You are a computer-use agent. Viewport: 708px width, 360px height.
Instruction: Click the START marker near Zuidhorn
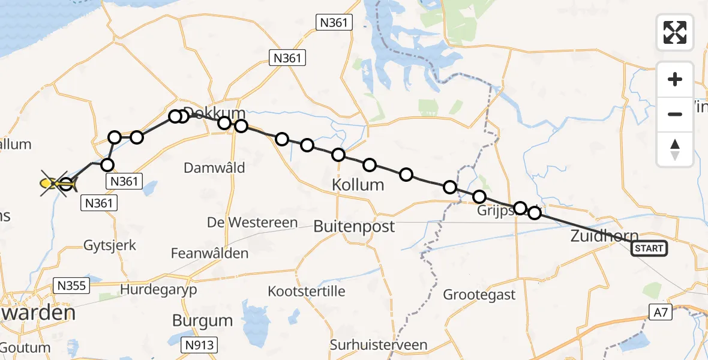[x=649, y=248]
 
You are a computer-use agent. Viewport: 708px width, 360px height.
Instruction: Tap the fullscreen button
[x=675, y=32]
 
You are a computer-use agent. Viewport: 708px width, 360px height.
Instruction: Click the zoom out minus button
[x=675, y=114]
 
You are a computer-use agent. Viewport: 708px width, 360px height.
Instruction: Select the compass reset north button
[x=675, y=149]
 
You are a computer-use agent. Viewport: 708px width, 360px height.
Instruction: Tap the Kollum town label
[x=358, y=185]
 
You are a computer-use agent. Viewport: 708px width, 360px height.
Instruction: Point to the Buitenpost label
[x=354, y=226]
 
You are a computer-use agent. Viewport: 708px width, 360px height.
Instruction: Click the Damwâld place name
[x=214, y=168]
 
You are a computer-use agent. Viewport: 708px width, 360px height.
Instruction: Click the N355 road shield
[x=71, y=286]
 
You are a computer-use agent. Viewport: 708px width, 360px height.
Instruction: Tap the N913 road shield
[x=200, y=344]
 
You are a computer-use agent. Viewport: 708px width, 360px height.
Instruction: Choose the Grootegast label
[x=479, y=295]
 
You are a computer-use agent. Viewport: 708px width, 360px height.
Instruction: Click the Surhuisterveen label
[x=379, y=344]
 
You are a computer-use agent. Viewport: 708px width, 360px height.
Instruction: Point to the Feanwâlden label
[x=209, y=254]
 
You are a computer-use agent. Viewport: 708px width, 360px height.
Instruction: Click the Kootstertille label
[x=307, y=291]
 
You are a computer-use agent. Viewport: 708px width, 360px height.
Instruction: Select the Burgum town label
[x=202, y=320]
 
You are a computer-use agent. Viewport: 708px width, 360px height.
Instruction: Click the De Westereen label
[x=252, y=223]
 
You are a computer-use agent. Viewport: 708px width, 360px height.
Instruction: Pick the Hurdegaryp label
[x=158, y=289]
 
